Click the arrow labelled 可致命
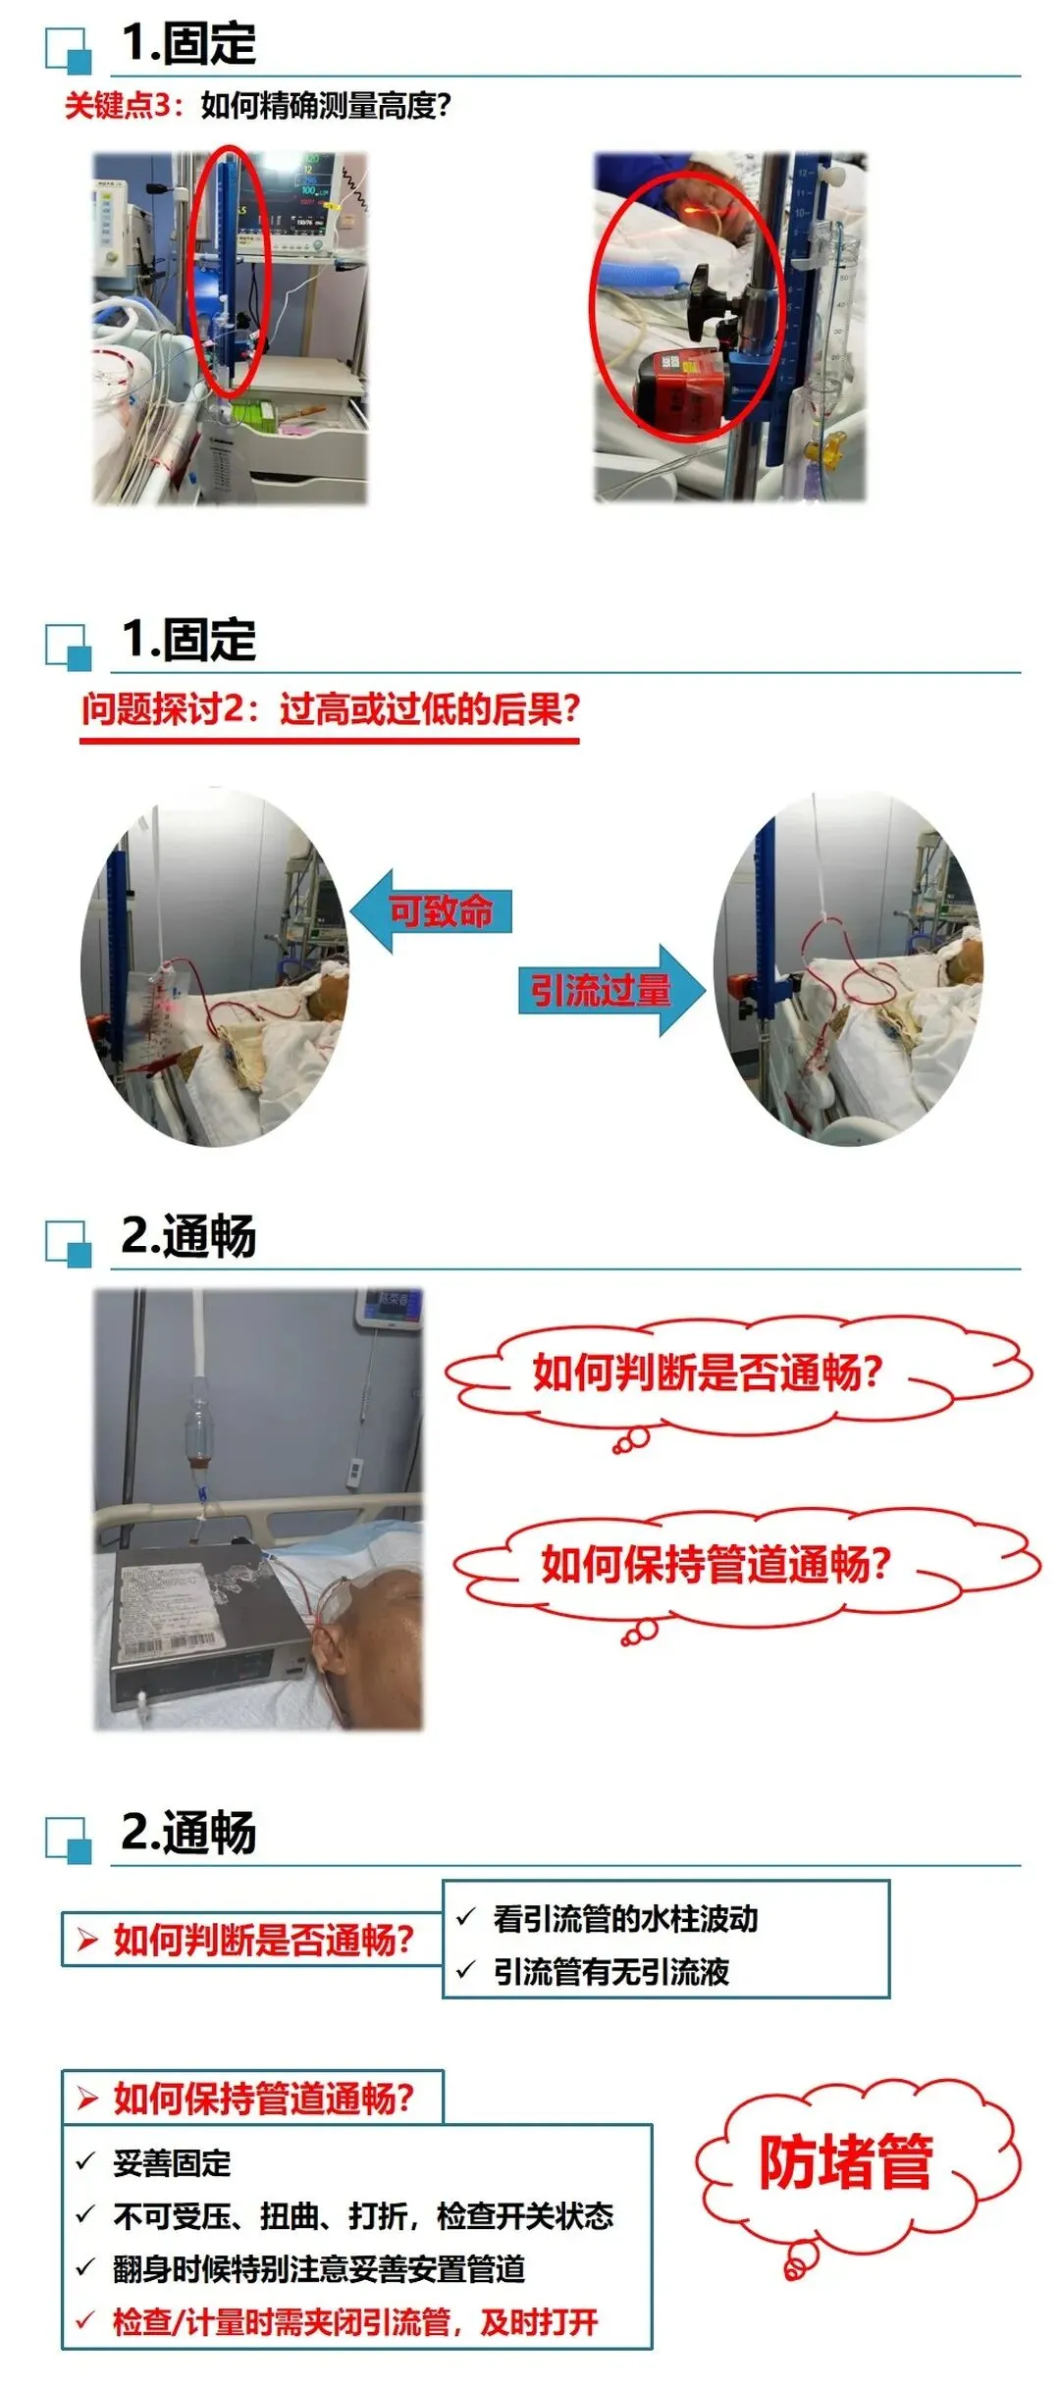tap(431, 910)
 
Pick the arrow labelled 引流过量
tap(611, 990)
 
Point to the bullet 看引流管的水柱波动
tap(625, 1918)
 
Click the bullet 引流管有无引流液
tap(610, 1971)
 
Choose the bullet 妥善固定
tap(172, 2162)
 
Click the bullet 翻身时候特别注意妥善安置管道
tap(319, 2268)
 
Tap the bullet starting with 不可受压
tap(363, 2215)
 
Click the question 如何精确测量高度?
tap(326, 105)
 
